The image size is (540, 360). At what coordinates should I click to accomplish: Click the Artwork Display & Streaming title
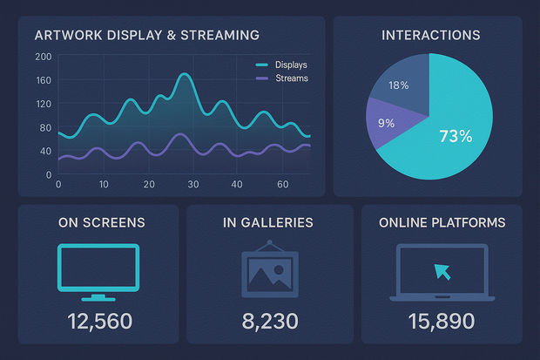tap(146, 36)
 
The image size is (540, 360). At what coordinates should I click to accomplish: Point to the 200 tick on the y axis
tap(43, 57)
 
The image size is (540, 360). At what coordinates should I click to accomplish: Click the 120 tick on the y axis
tap(43, 105)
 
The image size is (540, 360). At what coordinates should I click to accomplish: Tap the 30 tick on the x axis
tap(193, 185)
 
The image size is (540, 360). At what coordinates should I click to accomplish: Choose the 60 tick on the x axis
tap(282, 185)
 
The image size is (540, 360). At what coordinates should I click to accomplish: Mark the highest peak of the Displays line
tap(184, 75)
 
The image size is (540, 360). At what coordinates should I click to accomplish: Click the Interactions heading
tap(430, 36)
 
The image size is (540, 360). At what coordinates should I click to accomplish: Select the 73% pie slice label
tap(455, 136)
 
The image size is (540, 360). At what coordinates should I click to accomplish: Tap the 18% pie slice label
tap(398, 85)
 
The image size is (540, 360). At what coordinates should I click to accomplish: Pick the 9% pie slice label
tap(386, 123)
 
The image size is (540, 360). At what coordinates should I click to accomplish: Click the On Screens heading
tap(101, 222)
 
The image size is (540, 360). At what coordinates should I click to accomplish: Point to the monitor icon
tap(98, 268)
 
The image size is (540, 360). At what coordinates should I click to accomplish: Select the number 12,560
tap(99, 322)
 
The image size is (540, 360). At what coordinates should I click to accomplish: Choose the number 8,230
tap(269, 322)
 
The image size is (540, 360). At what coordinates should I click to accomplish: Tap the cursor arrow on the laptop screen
tap(442, 269)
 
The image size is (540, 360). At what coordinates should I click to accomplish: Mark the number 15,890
tap(442, 322)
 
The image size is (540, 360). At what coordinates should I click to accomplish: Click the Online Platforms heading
tap(442, 222)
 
